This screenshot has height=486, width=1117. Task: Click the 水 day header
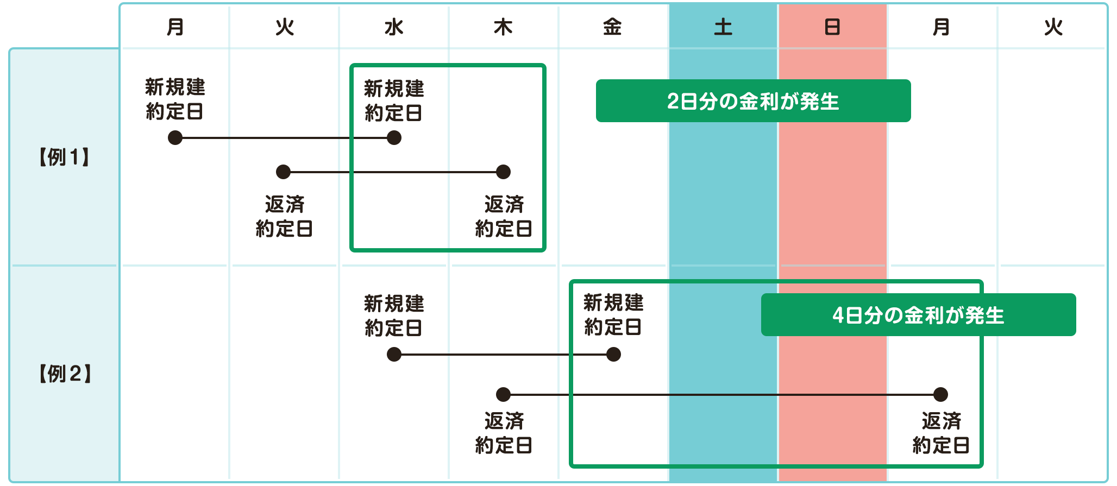tap(394, 27)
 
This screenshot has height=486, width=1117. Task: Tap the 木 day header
tap(503, 27)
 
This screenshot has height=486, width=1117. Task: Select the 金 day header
tap(612, 27)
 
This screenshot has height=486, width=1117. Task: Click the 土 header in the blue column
tap(723, 27)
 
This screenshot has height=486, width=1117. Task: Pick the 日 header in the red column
tap(832, 27)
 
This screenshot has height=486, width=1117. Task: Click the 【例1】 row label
tap(64, 157)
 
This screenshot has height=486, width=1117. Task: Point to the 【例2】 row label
tap(65, 374)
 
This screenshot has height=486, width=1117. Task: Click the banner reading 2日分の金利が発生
tap(753, 101)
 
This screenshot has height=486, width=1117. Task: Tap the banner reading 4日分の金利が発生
tap(918, 315)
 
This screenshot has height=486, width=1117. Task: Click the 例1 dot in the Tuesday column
tap(283, 172)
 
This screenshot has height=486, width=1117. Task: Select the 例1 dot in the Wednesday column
tap(394, 138)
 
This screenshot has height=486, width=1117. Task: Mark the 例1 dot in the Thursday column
tap(503, 172)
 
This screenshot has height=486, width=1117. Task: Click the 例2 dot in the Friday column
tap(613, 355)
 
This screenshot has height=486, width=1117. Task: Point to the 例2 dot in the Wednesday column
tap(394, 355)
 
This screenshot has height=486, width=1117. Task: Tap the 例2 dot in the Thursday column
tap(503, 394)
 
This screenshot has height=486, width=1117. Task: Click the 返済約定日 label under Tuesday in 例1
tap(284, 217)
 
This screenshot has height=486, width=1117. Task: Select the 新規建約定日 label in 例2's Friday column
tap(613, 315)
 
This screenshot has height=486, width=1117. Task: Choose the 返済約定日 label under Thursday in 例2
tap(504, 433)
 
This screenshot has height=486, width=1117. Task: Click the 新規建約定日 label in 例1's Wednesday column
tap(394, 101)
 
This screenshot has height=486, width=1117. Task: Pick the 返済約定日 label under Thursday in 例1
tap(504, 217)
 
